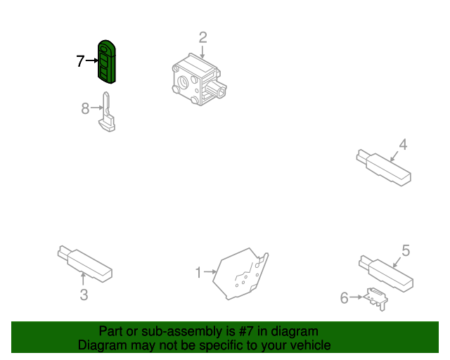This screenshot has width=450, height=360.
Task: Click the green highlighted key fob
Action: [x=106, y=62]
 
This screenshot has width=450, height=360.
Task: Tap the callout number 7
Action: [x=80, y=61]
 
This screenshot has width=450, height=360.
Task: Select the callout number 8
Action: [x=85, y=108]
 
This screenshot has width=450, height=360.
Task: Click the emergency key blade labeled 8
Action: [x=107, y=112]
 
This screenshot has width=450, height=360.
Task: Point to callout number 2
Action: [x=202, y=37]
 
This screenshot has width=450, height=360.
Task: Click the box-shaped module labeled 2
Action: [x=199, y=79]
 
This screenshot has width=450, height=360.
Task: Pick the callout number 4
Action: [x=403, y=144]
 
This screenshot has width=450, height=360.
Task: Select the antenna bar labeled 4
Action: [x=384, y=167]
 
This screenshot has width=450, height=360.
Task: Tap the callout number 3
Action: [x=84, y=295]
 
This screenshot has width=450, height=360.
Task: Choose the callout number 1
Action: [x=198, y=272]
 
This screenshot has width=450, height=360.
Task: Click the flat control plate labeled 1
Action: [x=240, y=274]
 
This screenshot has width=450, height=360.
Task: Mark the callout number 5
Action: [x=406, y=250]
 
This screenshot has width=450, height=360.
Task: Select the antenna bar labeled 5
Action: [x=386, y=274]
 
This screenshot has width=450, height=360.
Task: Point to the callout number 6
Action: [x=344, y=298]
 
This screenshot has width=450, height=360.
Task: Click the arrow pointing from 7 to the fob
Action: [x=92, y=60]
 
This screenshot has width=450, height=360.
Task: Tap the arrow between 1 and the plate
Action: [x=210, y=271]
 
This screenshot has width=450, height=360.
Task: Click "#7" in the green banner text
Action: [x=246, y=331]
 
